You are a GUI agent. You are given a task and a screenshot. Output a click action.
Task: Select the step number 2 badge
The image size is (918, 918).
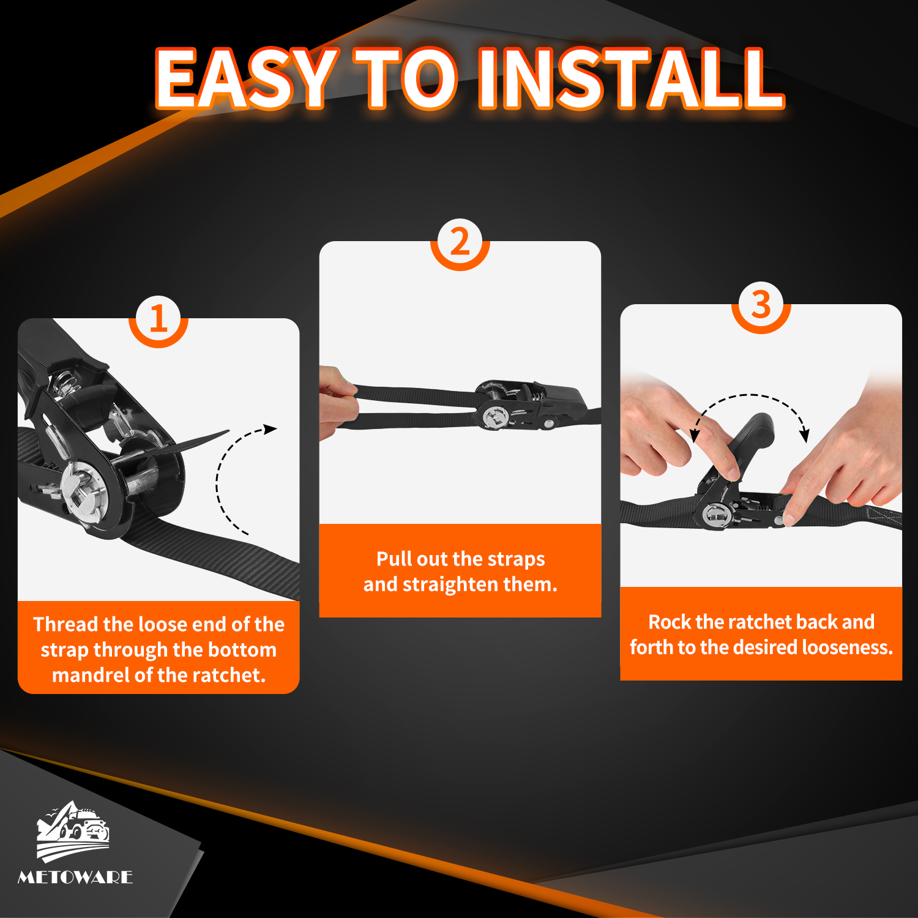[x=460, y=242]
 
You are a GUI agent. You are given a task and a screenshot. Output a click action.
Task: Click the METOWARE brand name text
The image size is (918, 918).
[x=75, y=877]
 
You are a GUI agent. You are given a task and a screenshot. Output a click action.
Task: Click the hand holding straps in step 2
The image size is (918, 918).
[x=337, y=401]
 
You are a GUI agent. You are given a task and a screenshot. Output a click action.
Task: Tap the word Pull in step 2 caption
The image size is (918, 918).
[x=395, y=559]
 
